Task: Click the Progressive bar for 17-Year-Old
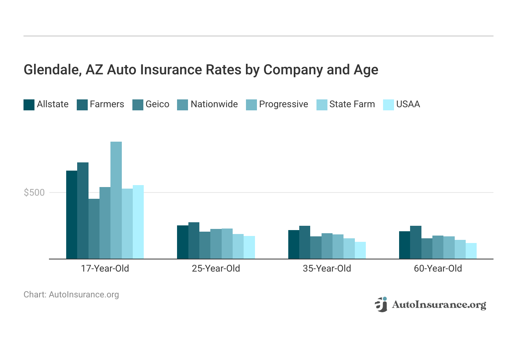pyautogui.click(x=116, y=200)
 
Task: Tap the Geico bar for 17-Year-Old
pyautogui.click(x=94, y=229)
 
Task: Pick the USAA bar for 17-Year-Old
pyautogui.click(x=138, y=222)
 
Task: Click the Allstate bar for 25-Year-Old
pyautogui.click(x=183, y=242)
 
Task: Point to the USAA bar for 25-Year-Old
pyautogui.click(x=249, y=247)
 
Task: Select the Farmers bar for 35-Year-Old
pyautogui.click(x=305, y=242)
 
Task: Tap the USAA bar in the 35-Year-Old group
pyautogui.click(x=360, y=250)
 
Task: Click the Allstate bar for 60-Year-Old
pyautogui.click(x=405, y=245)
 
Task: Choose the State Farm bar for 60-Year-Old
pyautogui.click(x=460, y=249)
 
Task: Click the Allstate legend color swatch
pyautogui.click(x=29, y=105)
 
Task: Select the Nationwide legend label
pyautogui.click(x=214, y=104)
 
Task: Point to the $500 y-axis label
pyautogui.click(x=34, y=193)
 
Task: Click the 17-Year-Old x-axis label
pyautogui.click(x=105, y=269)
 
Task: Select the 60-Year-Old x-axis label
pyautogui.click(x=438, y=269)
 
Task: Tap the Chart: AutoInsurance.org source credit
pyautogui.click(x=71, y=295)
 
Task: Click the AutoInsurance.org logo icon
pyautogui.click(x=381, y=304)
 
